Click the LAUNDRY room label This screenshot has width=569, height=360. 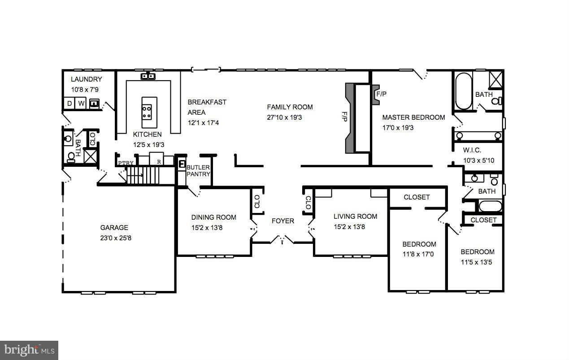87,79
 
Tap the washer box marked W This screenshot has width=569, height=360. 81,104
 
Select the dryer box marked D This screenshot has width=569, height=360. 69,104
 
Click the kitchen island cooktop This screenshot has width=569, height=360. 147,112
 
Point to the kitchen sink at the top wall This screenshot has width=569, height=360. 148,76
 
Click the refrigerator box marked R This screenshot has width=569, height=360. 158,160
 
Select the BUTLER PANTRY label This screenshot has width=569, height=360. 198,170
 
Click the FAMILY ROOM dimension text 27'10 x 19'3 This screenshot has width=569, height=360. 290,117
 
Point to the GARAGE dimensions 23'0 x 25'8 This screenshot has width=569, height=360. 116,238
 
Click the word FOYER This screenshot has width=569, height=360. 283,221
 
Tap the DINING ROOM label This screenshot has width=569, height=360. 213,217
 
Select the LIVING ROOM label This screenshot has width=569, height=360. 356,217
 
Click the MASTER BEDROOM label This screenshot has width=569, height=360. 413,117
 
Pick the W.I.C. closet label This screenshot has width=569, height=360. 473,150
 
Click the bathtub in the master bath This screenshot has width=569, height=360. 464,92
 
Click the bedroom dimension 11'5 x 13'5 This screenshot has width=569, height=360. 477,262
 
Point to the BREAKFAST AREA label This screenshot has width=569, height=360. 207,107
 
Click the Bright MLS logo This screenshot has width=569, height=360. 29,349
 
